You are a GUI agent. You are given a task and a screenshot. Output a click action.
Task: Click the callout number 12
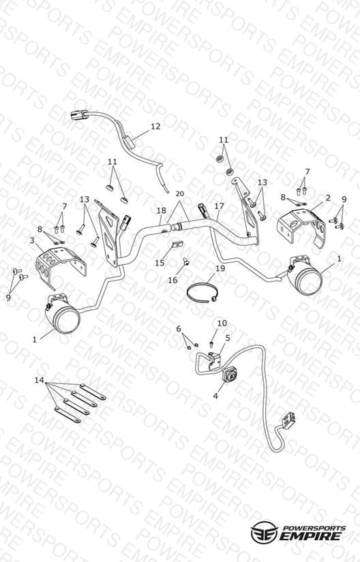155,127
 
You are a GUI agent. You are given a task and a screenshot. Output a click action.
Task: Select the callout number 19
220,268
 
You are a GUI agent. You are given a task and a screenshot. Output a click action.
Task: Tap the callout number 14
39,380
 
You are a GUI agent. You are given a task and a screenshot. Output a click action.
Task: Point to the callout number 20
179,194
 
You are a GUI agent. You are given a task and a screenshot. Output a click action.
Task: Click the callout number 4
215,396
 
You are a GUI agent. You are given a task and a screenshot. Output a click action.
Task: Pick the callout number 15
160,263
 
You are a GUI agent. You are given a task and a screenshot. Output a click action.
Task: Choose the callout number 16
172,280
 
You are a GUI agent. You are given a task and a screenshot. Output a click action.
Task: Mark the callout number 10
222,324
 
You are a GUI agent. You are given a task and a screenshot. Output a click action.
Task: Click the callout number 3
32,240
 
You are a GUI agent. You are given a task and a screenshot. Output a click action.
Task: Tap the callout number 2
328,198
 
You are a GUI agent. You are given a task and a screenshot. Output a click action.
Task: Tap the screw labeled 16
185,262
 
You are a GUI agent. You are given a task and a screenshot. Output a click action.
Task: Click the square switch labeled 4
230,375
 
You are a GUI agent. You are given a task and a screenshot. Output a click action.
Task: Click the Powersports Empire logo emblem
265,532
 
